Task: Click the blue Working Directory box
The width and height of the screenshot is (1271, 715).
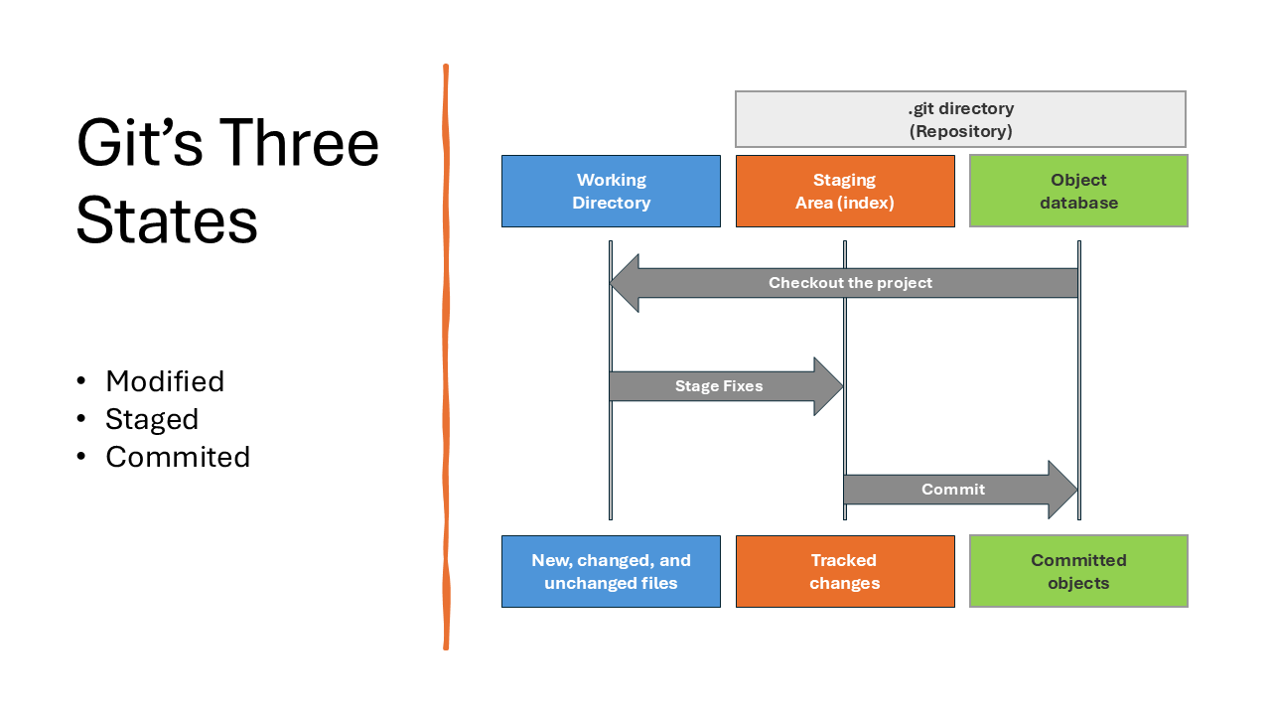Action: point(611,192)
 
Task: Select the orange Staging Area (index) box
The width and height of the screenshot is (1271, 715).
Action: point(845,192)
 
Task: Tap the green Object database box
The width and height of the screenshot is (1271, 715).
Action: point(1078,191)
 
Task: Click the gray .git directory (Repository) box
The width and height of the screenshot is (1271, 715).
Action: point(960,119)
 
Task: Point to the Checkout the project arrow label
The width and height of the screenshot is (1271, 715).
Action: point(850,283)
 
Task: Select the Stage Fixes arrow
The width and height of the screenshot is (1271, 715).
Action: point(726,386)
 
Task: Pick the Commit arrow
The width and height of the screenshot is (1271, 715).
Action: point(960,490)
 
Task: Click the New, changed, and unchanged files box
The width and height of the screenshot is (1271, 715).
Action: point(611,571)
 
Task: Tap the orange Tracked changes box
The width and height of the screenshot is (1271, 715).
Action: point(845,571)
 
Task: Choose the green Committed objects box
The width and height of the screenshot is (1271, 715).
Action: point(1078,571)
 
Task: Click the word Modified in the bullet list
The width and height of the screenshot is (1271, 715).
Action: point(165,380)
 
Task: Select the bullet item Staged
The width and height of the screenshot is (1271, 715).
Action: point(152,420)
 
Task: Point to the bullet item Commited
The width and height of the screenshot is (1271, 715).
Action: point(178,457)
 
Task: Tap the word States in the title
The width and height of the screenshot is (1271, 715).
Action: point(167,220)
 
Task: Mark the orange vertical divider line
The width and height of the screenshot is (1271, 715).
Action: point(446,357)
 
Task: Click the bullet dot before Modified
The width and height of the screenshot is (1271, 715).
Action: point(81,380)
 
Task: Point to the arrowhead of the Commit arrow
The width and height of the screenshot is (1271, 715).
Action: point(1063,490)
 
